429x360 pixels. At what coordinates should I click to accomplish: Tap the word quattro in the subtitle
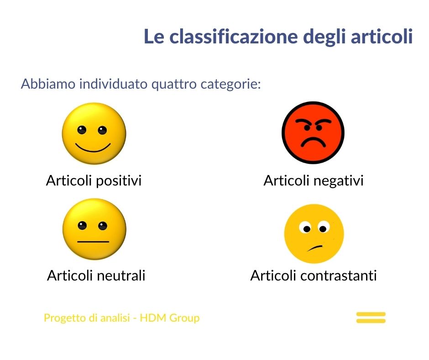[x=174, y=84]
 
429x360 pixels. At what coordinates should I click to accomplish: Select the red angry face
[x=313, y=132]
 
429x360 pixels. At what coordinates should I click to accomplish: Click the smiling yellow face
[x=94, y=133]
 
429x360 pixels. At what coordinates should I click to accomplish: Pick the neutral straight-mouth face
[x=94, y=229]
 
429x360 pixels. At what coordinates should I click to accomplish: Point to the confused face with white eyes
[x=314, y=234]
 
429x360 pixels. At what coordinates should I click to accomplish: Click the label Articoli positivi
[x=94, y=181]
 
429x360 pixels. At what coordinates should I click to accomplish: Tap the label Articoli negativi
[x=314, y=181]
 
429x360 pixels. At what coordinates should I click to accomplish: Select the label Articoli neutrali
[x=96, y=275]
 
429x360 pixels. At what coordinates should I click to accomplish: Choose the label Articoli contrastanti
[x=314, y=275]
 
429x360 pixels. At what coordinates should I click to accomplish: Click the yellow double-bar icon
[x=371, y=318]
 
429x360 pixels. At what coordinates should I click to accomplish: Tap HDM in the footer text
[x=153, y=318]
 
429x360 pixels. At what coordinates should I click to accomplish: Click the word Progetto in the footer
[x=65, y=318]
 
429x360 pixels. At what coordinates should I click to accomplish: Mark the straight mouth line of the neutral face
[x=93, y=242]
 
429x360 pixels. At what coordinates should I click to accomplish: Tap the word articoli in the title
[x=382, y=37]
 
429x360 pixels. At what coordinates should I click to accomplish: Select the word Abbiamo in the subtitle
[x=48, y=84]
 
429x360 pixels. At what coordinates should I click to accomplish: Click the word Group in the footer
[x=184, y=318]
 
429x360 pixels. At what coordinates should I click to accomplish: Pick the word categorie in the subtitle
[x=230, y=84]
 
